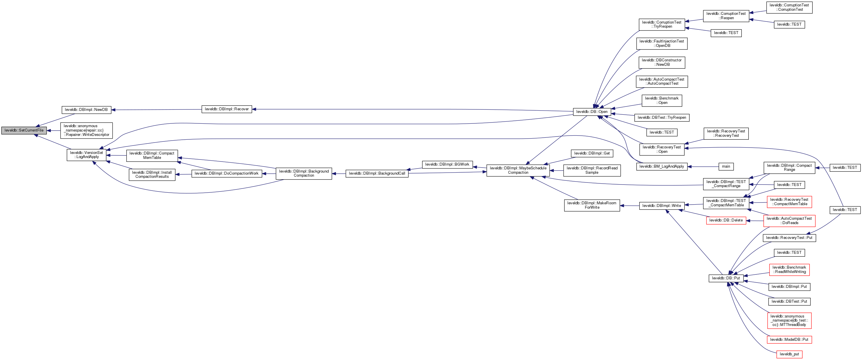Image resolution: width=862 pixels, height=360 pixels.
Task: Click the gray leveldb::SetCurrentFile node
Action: click(x=24, y=130)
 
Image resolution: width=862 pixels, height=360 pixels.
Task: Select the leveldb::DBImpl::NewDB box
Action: click(x=86, y=110)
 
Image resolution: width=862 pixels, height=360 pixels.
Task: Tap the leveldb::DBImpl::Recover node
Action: click(x=226, y=109)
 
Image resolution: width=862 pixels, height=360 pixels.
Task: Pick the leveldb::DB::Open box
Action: click(x=592, y=112)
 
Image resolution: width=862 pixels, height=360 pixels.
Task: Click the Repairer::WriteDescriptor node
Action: click(x=86, y=130)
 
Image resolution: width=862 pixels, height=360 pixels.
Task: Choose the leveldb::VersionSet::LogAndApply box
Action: click(x=86, y=155)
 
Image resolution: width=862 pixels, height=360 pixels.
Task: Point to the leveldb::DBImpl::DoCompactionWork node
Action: click(x=226, y=174)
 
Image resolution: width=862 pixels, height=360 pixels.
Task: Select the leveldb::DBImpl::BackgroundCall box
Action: click(x=377, y=174)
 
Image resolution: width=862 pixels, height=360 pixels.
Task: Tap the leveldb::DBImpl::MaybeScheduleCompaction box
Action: click(x=518, y=170)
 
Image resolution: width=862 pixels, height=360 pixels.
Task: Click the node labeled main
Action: click(x=726, y=167)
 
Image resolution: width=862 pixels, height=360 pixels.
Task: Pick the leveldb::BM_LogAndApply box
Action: click(x=661, y=167)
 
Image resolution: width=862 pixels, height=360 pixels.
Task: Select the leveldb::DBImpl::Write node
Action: click(x=661, y=206)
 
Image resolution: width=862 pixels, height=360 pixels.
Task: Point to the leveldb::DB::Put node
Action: click(x=726, y=278)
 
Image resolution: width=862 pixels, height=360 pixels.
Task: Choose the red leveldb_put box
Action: click(x=789, y=354)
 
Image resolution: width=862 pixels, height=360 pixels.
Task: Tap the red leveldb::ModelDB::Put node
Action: click(x=789, y=340)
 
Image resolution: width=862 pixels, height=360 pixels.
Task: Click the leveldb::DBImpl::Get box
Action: click(x=592, y=154)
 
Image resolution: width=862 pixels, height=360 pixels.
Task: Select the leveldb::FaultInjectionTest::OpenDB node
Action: click(x=661, y=43)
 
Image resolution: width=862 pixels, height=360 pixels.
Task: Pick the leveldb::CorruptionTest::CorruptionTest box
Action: click(x=789, y=7)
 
